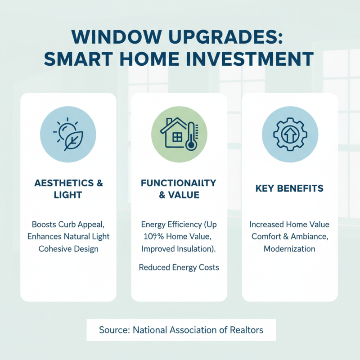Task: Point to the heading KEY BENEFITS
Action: pyautogui.click(x=289, y=189)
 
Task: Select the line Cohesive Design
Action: pyautogui.click(x=68, y=248)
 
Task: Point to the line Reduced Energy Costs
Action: pyautogui.click(x=179, y=267)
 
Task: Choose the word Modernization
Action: pyautogui.click(x=289, y=248)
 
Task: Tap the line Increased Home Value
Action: pyautogui.click(x=289, y=224)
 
